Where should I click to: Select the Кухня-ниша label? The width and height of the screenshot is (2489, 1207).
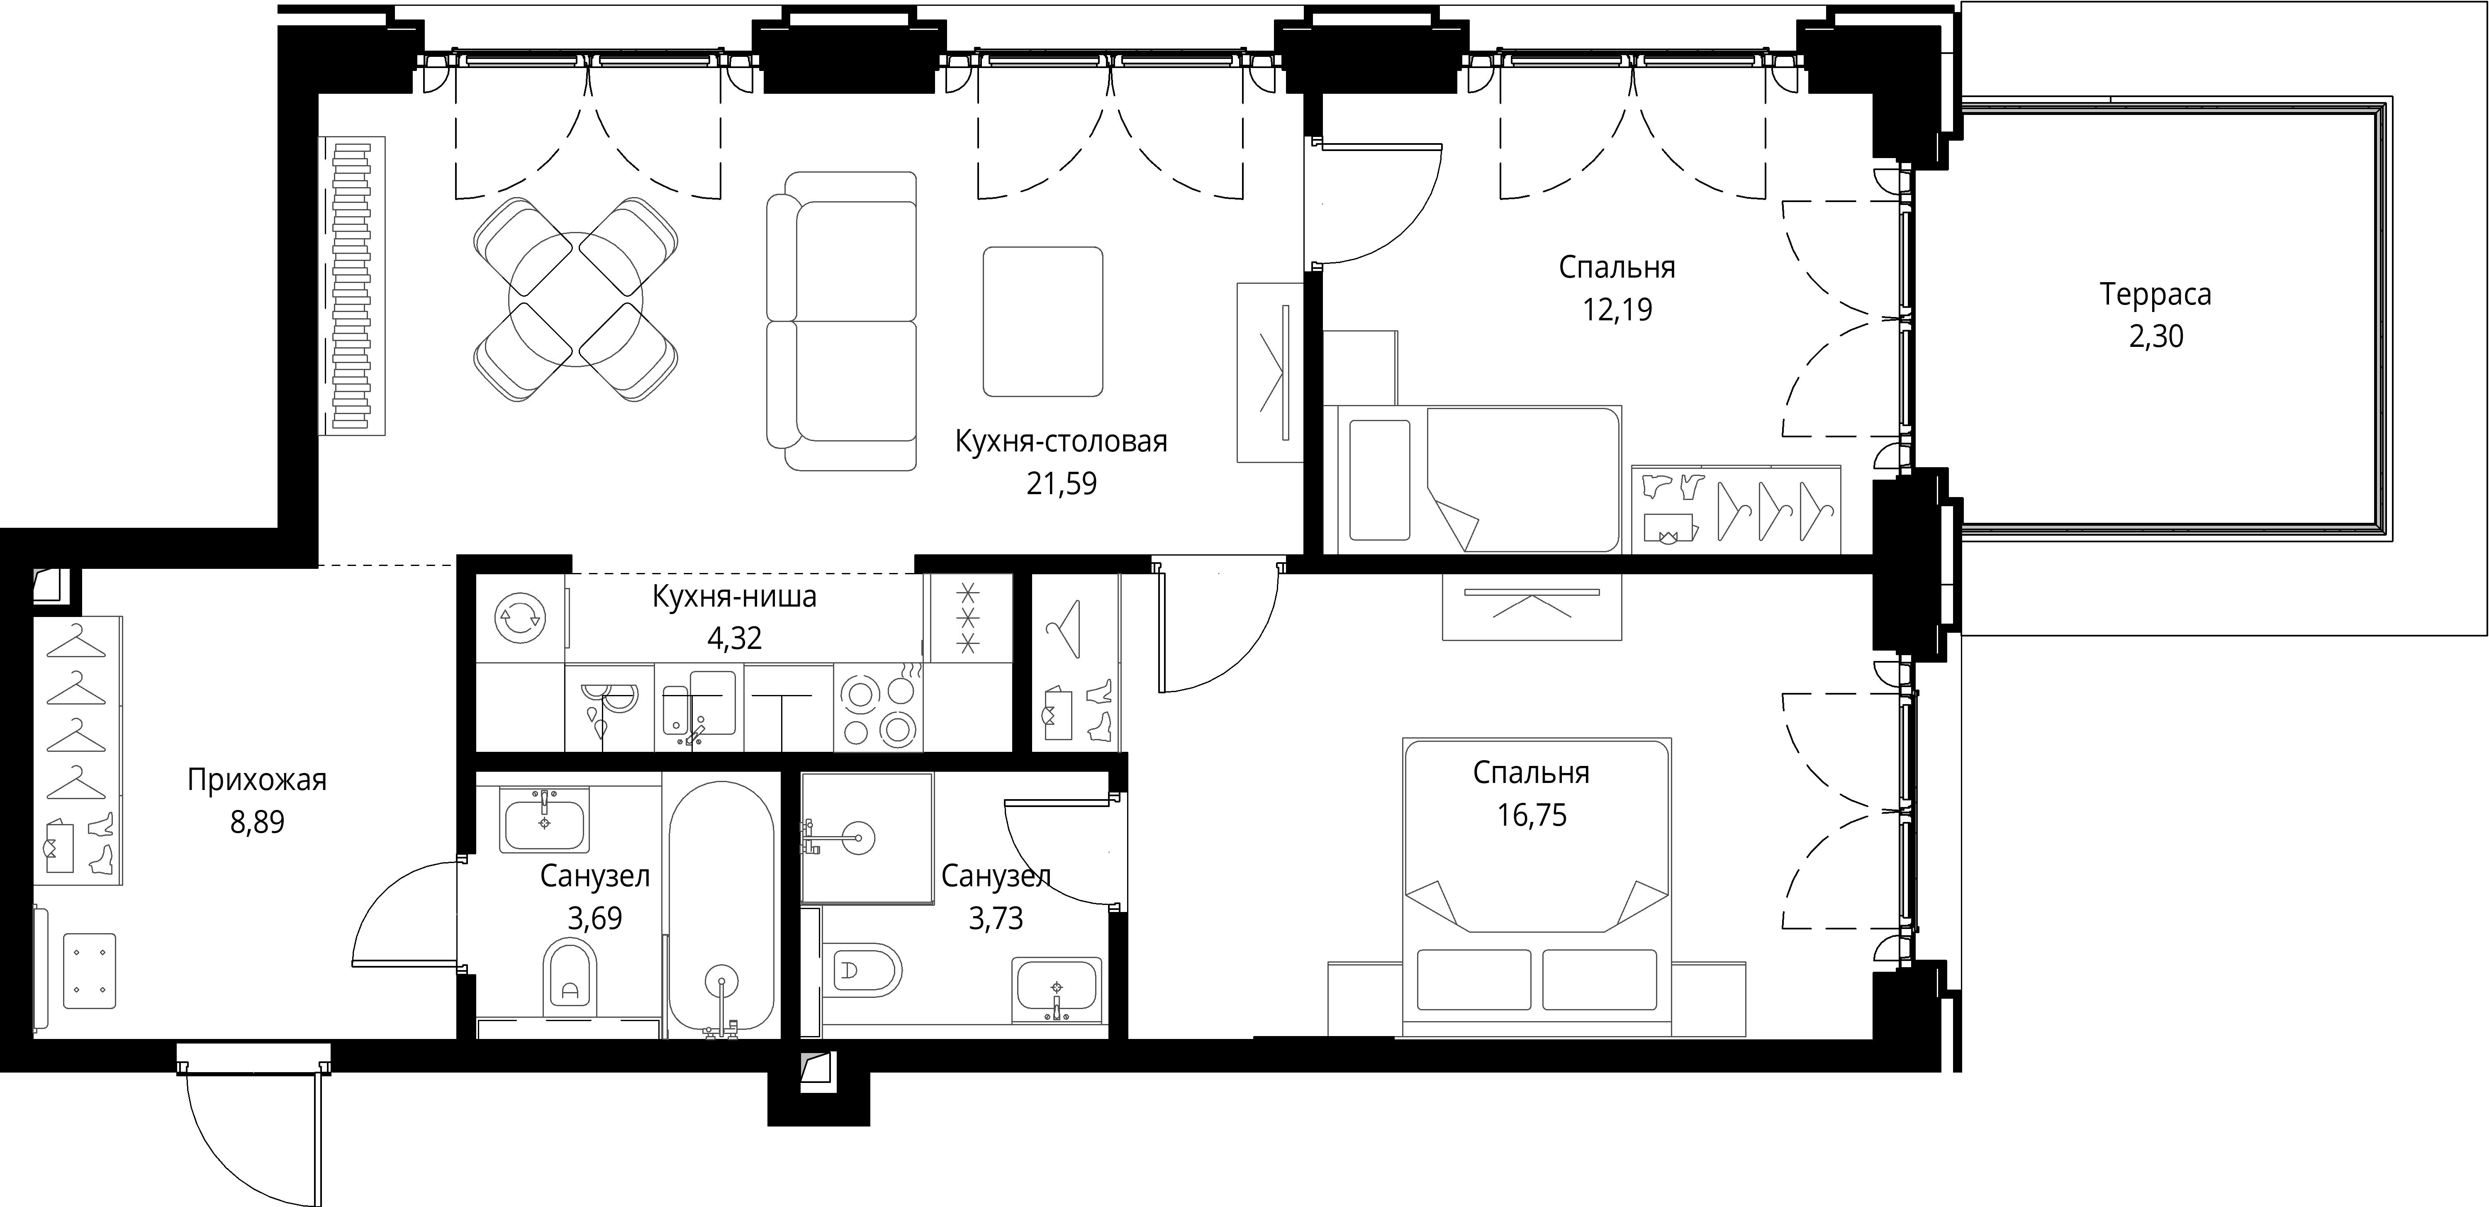pos(734,597)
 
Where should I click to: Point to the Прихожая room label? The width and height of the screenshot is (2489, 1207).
pos(257,780)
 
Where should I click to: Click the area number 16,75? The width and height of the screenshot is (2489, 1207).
pos(1532,814)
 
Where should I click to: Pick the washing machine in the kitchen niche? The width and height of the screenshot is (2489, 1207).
pos(520,619)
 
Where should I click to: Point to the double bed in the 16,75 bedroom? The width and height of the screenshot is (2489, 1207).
pos(1536,889)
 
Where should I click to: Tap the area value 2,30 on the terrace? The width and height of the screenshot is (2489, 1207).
pos(2155,336)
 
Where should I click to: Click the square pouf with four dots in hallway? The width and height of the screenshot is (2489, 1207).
pos(89,972)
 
